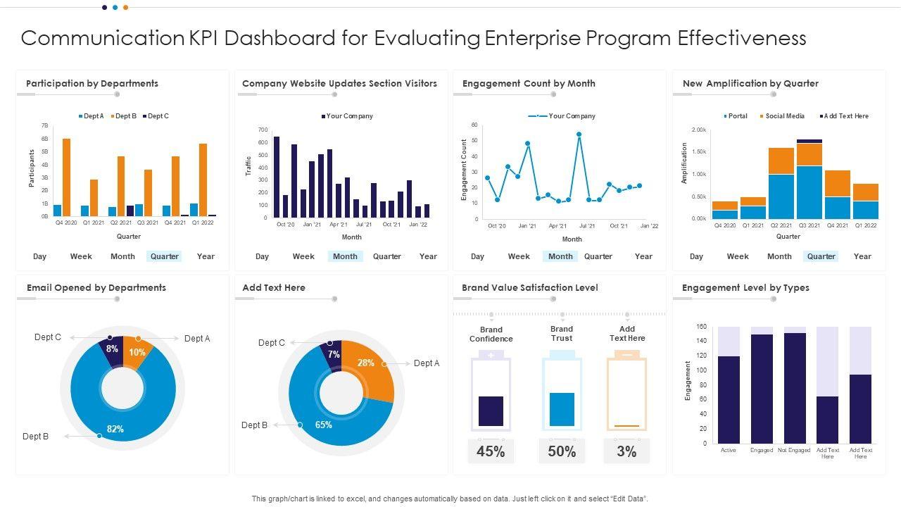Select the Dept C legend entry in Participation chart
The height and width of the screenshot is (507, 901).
[156, 116]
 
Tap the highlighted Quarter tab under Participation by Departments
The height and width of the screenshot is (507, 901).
[164, 256]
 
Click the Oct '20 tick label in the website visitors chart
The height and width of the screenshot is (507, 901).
[286, 225]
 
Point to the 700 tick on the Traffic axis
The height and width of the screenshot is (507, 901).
[263, 130]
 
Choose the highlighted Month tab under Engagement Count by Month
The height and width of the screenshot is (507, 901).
[560, 256]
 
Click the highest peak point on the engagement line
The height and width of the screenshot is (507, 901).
[579, 134]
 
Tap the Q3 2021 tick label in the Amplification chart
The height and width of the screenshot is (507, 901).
[809, 226]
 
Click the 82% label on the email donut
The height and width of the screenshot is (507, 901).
[115, 429]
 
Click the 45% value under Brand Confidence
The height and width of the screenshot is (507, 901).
[491, 452]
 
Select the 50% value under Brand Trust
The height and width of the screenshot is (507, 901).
[562, 452]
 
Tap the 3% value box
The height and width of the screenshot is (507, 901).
[626, 452]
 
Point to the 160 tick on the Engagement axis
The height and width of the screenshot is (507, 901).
[701, 327]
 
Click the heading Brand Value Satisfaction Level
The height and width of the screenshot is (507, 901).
[529, 287]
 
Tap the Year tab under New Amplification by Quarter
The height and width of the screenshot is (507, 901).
[862, 256]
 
